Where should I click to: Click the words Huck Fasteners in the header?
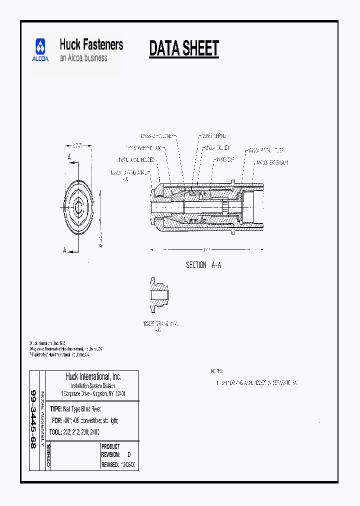(x=91, y=44)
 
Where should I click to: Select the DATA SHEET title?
(x=184, y=48)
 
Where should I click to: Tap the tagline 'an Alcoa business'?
(x=83, y=58)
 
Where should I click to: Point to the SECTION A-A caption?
(x=203, y=265)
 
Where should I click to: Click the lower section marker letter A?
(x=64, y=250)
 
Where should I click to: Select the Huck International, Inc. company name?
(x=93, y=376)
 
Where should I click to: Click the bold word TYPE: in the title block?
(x=56, y=408)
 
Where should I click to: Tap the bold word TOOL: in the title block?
(x=57, y=431)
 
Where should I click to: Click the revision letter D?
(x=128, y=455)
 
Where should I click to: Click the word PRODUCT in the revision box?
(x=110, y=446)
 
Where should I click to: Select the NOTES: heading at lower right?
(x=216, y=371)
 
